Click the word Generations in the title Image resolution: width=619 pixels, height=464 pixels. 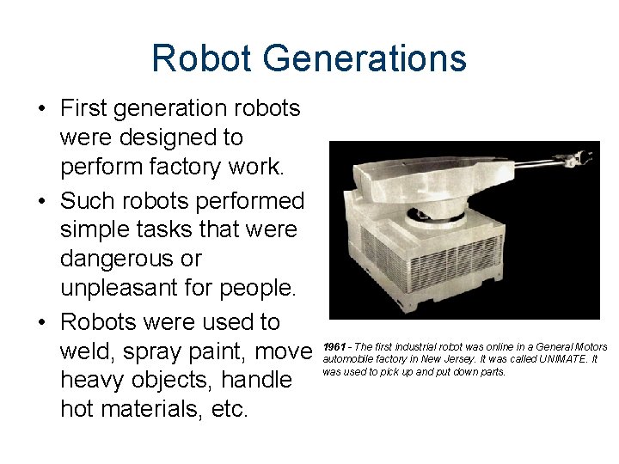tap(365, 59)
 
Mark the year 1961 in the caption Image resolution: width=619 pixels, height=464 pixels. tap(333, 347)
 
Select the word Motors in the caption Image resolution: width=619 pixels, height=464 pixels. tap(591, 347)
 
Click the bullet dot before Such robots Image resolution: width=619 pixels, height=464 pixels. tap(41, 201)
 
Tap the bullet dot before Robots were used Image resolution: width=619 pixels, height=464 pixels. tap(41, 322)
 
